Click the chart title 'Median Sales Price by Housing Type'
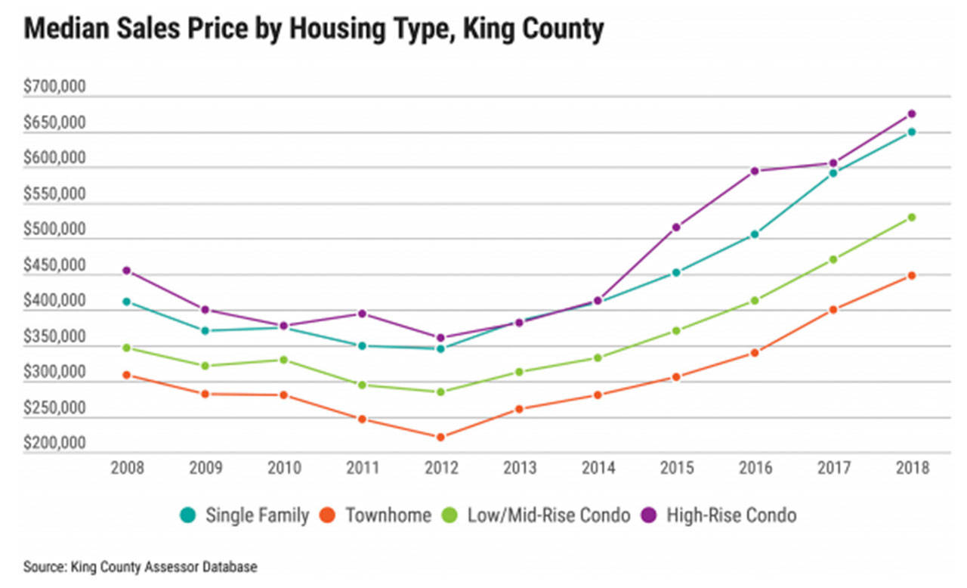coord(314,30)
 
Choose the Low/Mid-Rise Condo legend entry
coord(543,516)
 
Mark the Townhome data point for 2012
coord(441,437)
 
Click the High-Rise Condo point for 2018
coord(912,114)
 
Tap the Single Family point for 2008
coord(127,302)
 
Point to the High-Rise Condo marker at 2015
coord(676,227)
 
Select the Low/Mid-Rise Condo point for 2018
coord(912,217)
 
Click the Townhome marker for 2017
coord(833,310)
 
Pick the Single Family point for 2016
coord(755,234)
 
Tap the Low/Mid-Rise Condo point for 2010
coord(284,360)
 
